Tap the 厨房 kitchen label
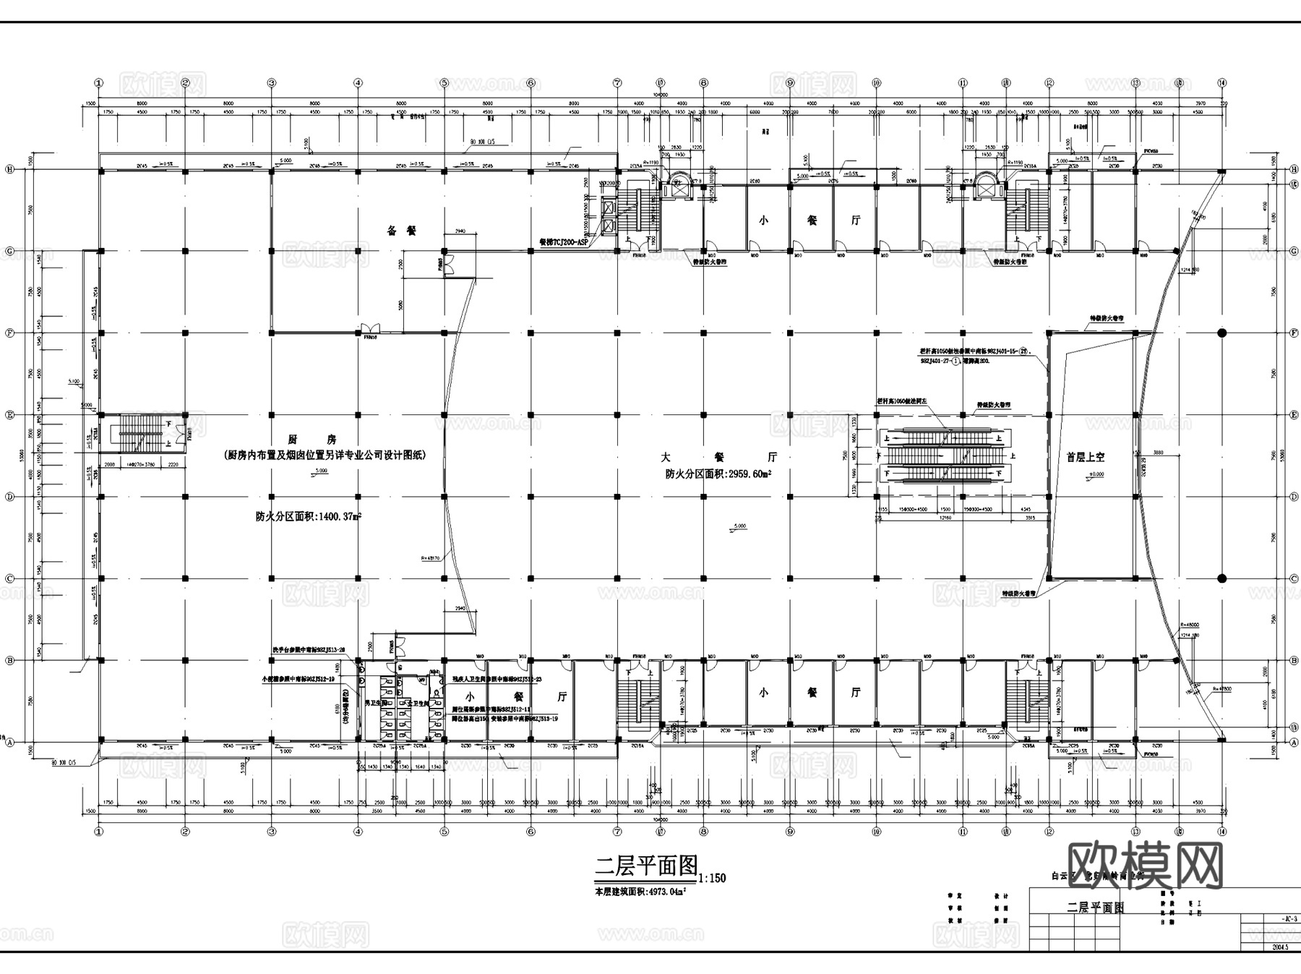[x=322, y=439]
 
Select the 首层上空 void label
[x=1086, y=457]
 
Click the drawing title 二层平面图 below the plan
[x=645, y=866]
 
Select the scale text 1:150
[x=712, y=878]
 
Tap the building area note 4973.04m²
[x=640, y=892]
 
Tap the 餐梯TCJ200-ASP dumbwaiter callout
[x=564, y=243]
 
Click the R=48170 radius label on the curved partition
[x=431, y=558]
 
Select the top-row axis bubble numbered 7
[x=617, y=83]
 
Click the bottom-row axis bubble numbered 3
[x=272, y=832]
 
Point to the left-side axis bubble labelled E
[x=10, y=415]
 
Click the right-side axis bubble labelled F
[x=1293, y=333]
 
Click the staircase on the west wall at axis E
[x=142, y=433]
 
